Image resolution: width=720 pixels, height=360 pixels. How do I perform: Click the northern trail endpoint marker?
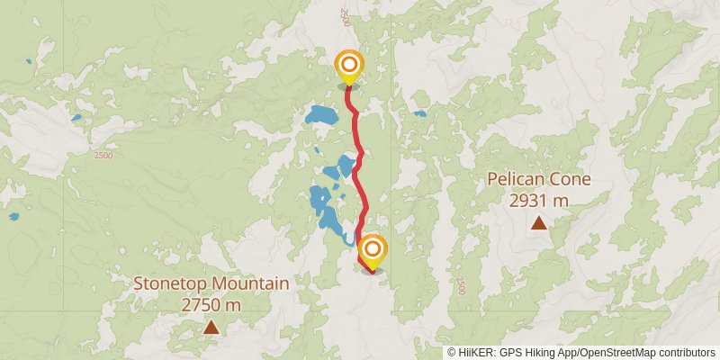coord(349,66)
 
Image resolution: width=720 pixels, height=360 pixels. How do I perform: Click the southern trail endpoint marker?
coord(372,249)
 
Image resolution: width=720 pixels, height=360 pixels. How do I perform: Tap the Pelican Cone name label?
coord(539,178)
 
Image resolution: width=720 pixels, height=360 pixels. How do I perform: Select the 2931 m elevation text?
coord(539,201)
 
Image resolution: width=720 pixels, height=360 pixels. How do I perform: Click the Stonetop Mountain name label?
coord(211,283)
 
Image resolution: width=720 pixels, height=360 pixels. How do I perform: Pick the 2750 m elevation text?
coord(211,305)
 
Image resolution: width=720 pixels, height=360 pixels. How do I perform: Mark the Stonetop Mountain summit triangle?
coord(211,328)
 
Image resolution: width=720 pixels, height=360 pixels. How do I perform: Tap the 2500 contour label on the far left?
coord(103,156)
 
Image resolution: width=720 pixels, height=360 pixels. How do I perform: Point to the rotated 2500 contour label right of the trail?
coord(461,285)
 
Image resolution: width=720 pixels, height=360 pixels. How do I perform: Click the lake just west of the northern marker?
coord(320,116)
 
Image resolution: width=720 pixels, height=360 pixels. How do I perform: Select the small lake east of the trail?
coord(420,114)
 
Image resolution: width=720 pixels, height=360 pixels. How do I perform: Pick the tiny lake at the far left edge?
coord(13,217)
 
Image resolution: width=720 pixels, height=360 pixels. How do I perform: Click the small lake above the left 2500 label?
coord(76,118)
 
